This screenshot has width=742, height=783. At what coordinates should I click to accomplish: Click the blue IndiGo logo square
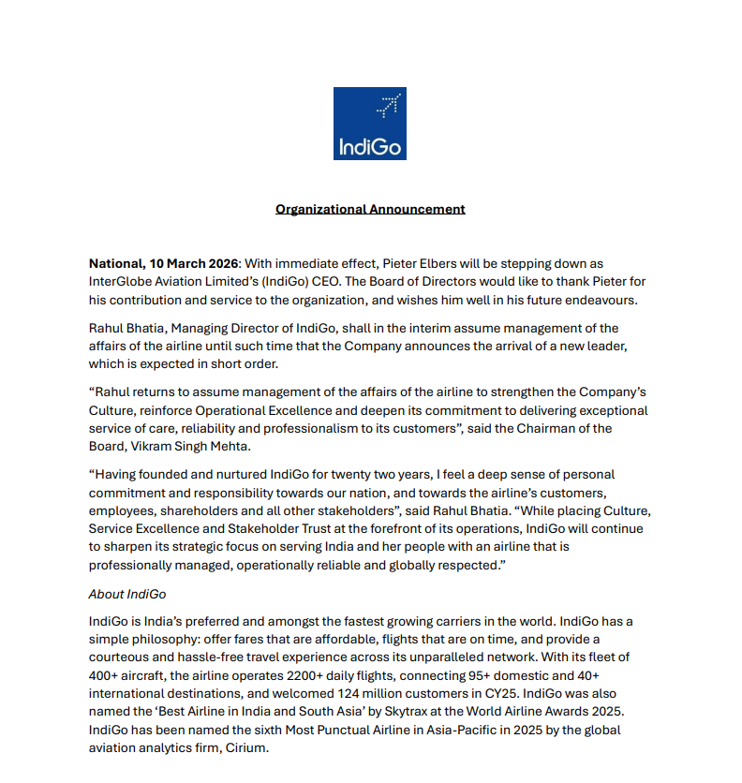tap(370, 124)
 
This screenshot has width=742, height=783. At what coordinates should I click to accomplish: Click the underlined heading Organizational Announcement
tap(370, 209)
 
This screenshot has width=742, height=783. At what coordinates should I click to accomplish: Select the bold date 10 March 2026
tap(196, 265)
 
